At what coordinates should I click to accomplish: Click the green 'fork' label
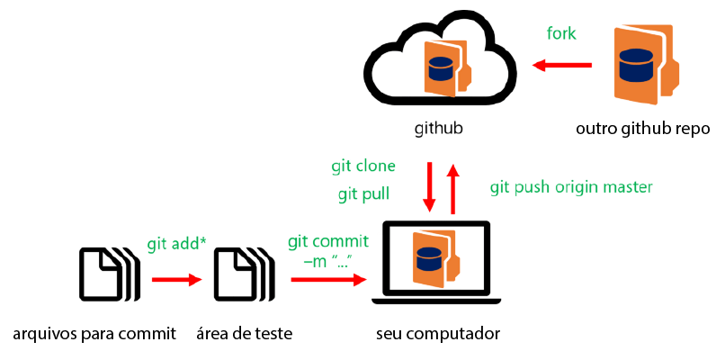(x=561, y=34)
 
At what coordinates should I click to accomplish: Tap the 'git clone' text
(x=363, y=166)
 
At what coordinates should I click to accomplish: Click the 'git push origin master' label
(x=570, y=187)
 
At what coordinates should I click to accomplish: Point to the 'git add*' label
(x=176, y=244)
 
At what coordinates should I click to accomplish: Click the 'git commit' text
(x=328, y=242)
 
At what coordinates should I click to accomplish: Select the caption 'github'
(x=438, y=128)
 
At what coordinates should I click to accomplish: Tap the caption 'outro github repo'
(x=643, y=128)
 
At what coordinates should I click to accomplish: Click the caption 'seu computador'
(x=438, y=334)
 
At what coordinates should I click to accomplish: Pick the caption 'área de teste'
(x=244, y=334)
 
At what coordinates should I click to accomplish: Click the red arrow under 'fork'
(x=562, y=65)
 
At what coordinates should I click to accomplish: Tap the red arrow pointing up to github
(x=453, y=188)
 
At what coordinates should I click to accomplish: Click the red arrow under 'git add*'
(x=176, y=279)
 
